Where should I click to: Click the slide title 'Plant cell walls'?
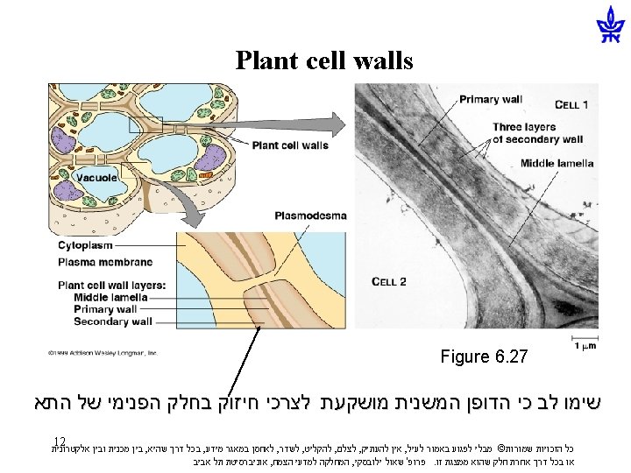[323, 60]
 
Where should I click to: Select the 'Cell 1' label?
[571, 105]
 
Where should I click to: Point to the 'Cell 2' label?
[389, 281]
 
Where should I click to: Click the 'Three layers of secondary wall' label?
[536, 132]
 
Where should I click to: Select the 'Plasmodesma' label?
[310, 215]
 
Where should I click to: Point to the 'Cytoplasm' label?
[86, 246]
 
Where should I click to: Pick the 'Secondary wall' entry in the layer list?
[112, 321]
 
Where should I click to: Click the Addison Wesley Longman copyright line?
[103, 353]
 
